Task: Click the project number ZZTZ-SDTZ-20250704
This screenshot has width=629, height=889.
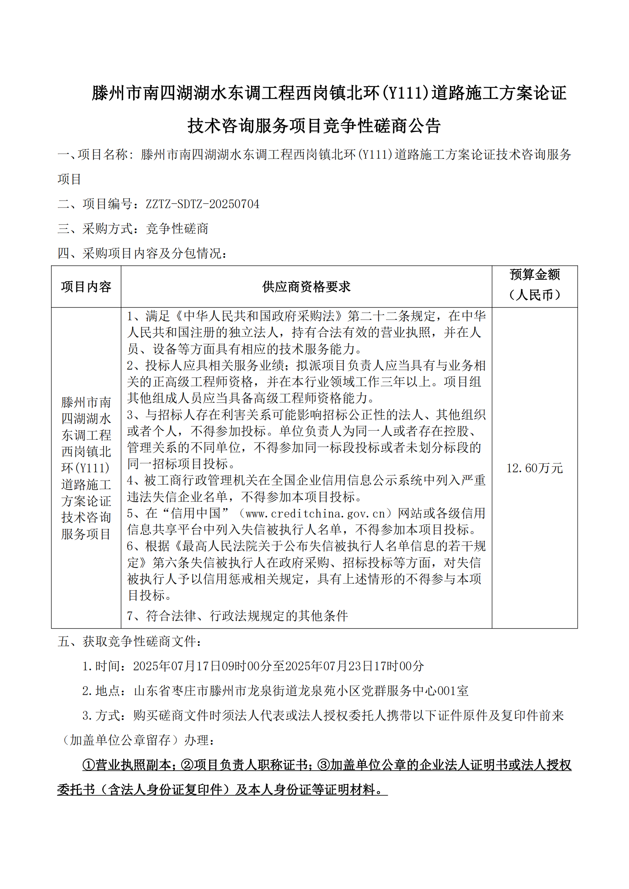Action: click(x=202, y=204)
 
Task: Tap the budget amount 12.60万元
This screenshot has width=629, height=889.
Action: click(x=534, y=468)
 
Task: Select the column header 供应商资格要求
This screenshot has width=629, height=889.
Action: click(x=306, y=287)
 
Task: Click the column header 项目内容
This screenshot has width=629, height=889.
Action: click(x=86, y=287)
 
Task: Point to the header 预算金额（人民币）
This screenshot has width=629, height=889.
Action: click(x=534, y=285)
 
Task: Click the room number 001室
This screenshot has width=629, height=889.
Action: click(x=453, y=691)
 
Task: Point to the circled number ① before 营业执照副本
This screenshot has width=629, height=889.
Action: click(x=89, y=765)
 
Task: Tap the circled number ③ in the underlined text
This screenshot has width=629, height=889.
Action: click(x=323, y=765)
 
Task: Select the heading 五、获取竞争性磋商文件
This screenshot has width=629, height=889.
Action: click(x=129, y=642)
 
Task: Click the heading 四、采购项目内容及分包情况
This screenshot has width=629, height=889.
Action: click(x=142, y=254)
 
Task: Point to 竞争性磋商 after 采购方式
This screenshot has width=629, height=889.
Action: click(x=177, y=229)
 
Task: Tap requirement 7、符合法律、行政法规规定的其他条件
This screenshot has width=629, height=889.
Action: click(x=237, y=616)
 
